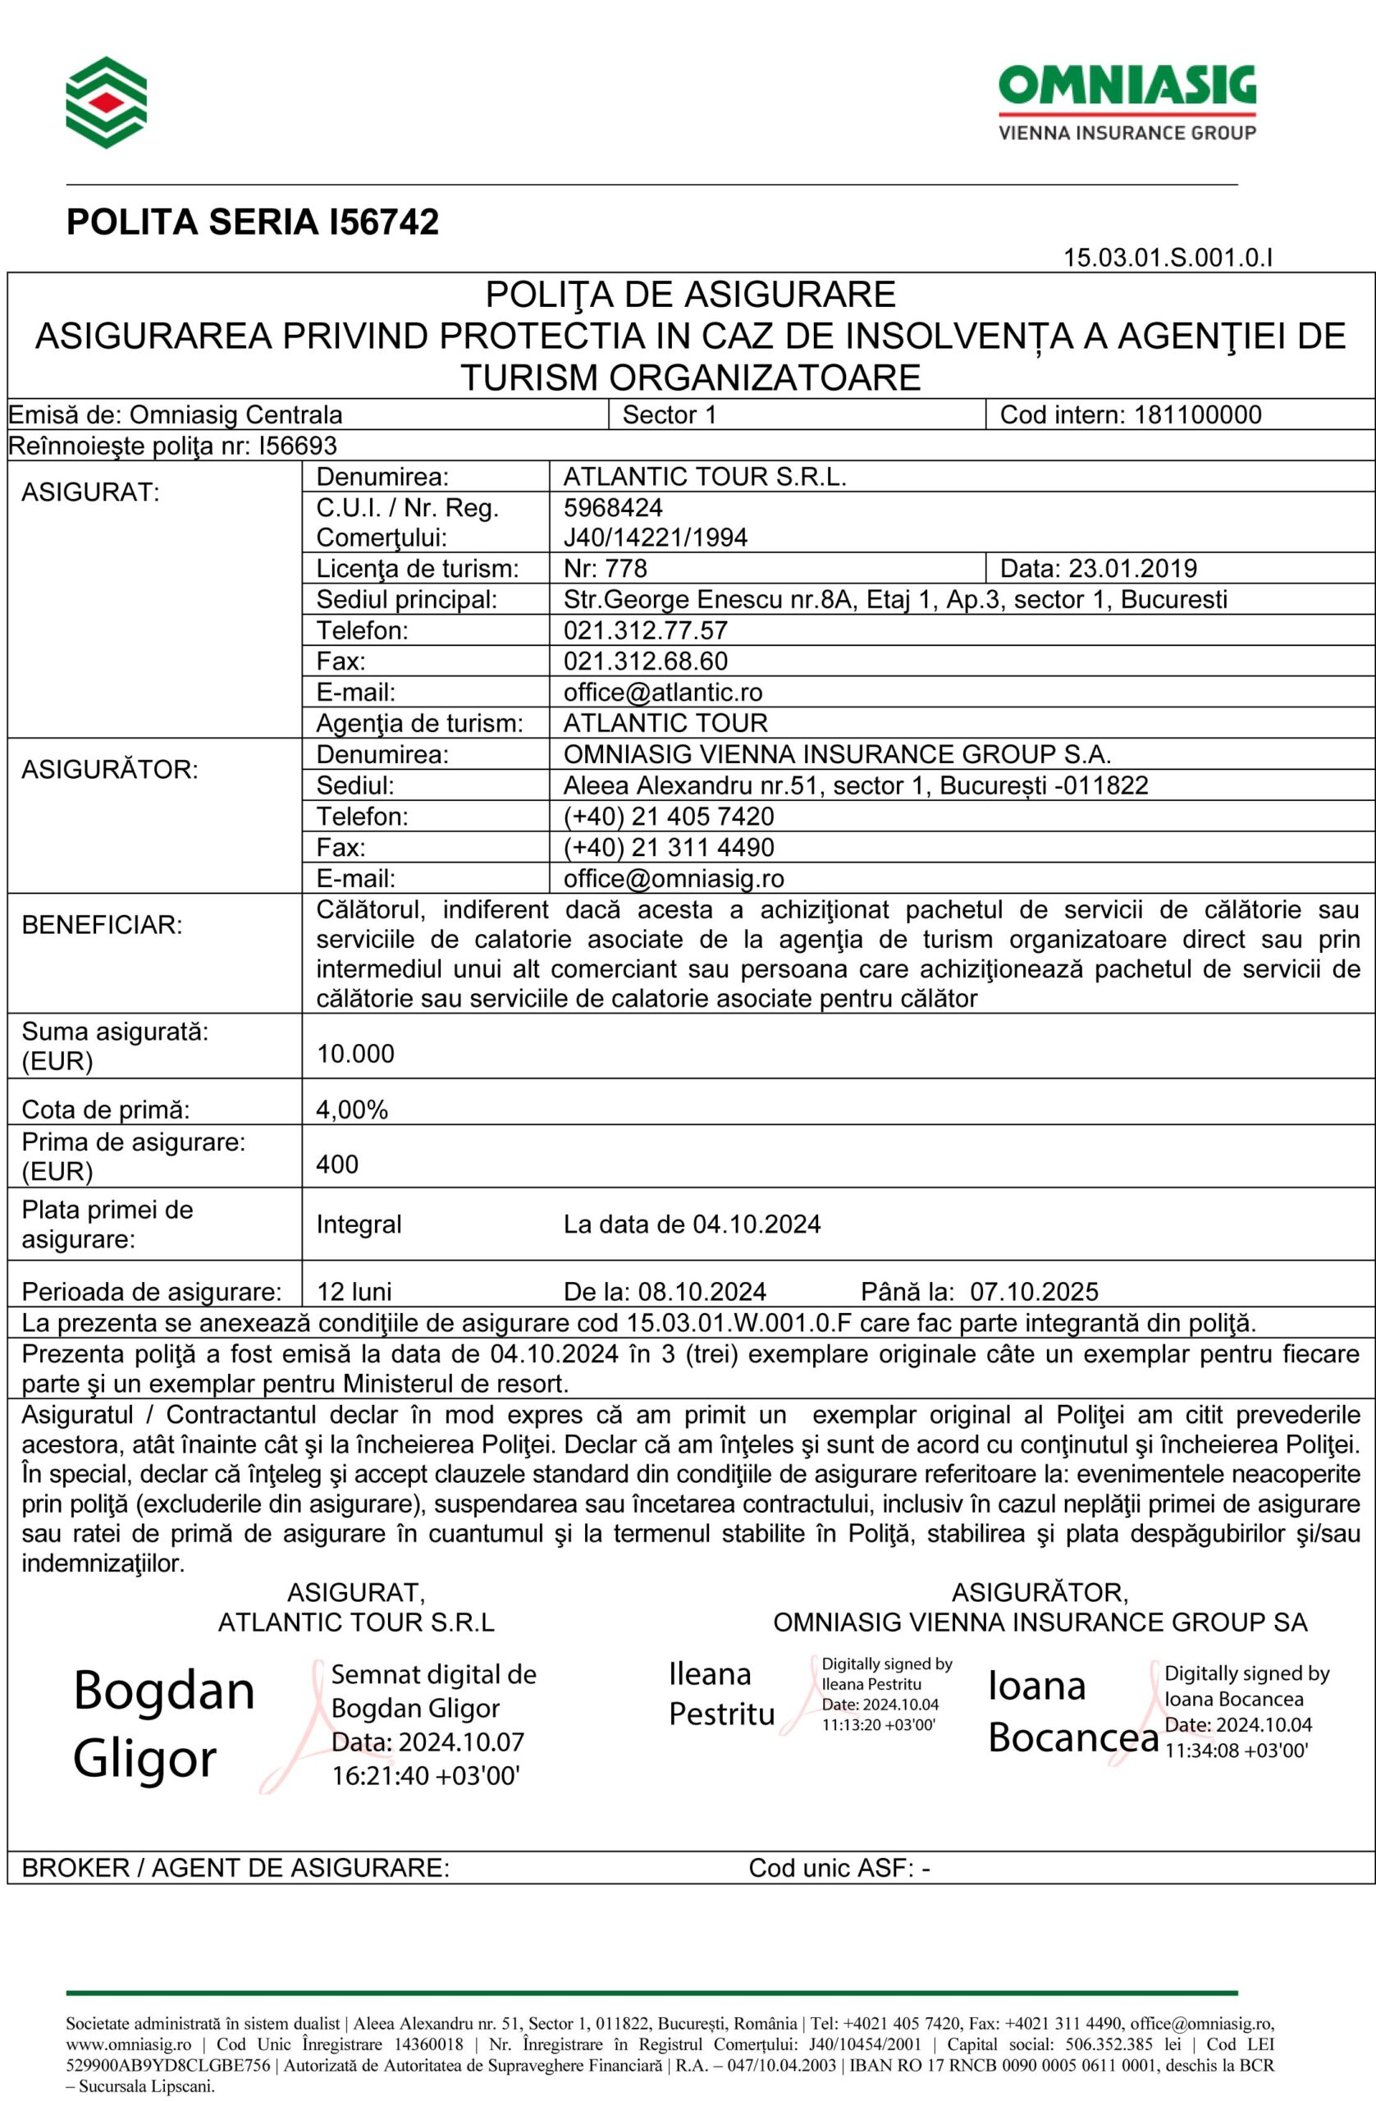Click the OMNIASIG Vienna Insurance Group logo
[x=1127, y=103]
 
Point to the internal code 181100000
[x=1198, y=415]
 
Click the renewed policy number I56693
[x=298, y=446]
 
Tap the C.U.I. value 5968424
[x=613, y=506]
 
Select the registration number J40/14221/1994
[x=655, y=538]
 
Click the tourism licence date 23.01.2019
[x=1132, y=569]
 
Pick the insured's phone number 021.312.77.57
[x=645, y=630]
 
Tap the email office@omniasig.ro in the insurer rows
[x=674, y=878]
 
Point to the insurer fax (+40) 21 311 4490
[x=668, y=848]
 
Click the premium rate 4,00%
[x=351, y=1110]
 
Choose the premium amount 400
[x=337, y=1165]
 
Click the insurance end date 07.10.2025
[x=1034, y=1293]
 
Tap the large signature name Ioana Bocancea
[x=1072, y=1712]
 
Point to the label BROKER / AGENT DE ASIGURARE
[x=235, y=1867]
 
